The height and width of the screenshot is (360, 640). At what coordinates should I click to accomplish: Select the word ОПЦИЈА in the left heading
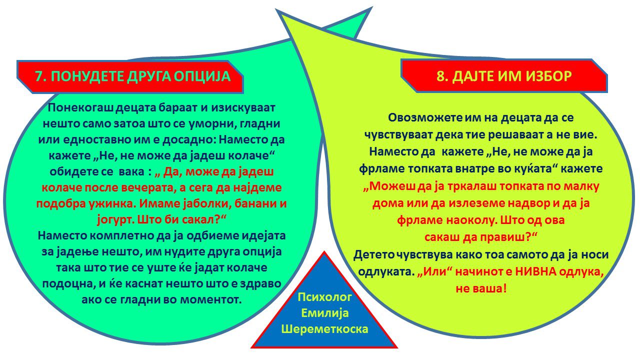coord(202,76)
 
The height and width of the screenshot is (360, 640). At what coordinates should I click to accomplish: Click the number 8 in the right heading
coord(440,76)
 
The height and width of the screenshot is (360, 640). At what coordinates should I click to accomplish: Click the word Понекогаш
coord(81,107)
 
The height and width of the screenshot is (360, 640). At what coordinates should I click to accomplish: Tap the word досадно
coord(188,140)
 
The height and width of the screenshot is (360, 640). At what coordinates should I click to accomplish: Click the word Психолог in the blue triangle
coord(324,297)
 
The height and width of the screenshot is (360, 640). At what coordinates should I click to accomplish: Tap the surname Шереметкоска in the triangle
coord(324,329)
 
